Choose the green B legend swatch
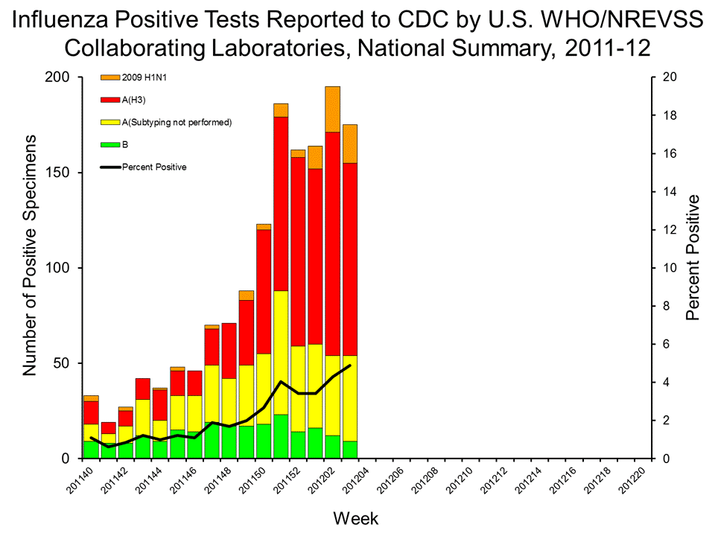pyautogui.click(x=109, y=144)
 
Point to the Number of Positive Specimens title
pyautogui.click(x=31, y=256)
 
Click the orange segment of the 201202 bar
pyautogui.click(x=332, y=109)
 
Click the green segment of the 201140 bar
pyautogui.click(x=91, y=450)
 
